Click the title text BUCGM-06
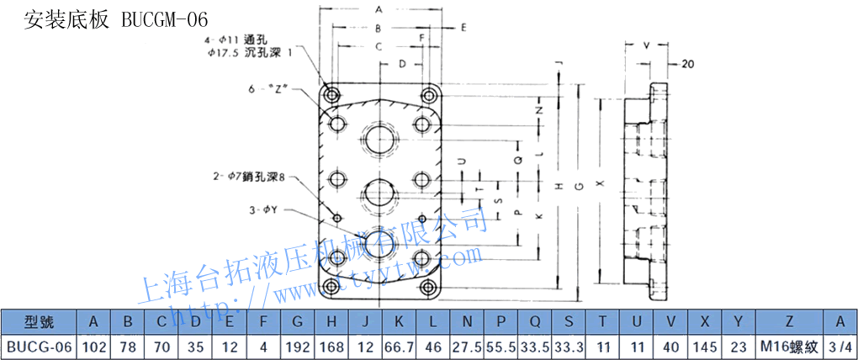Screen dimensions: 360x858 pyautogui.click(x=163, y=19)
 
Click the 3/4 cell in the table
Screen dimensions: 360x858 pyautogui.click(x=839, y=346)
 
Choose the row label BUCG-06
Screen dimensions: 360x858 pyautogui.click(x=39, y=346)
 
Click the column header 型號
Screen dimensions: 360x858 pyautogui.click(x=39, y=321)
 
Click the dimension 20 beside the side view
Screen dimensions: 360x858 pyautogui.click(x=686, y=64)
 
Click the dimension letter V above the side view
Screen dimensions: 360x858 pyautogui.click(x=646, y=45)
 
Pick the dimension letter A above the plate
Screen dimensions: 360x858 pyautogui.click(x=379, y=9)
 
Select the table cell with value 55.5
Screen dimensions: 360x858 pyautogui.click(x=500, y=346)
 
